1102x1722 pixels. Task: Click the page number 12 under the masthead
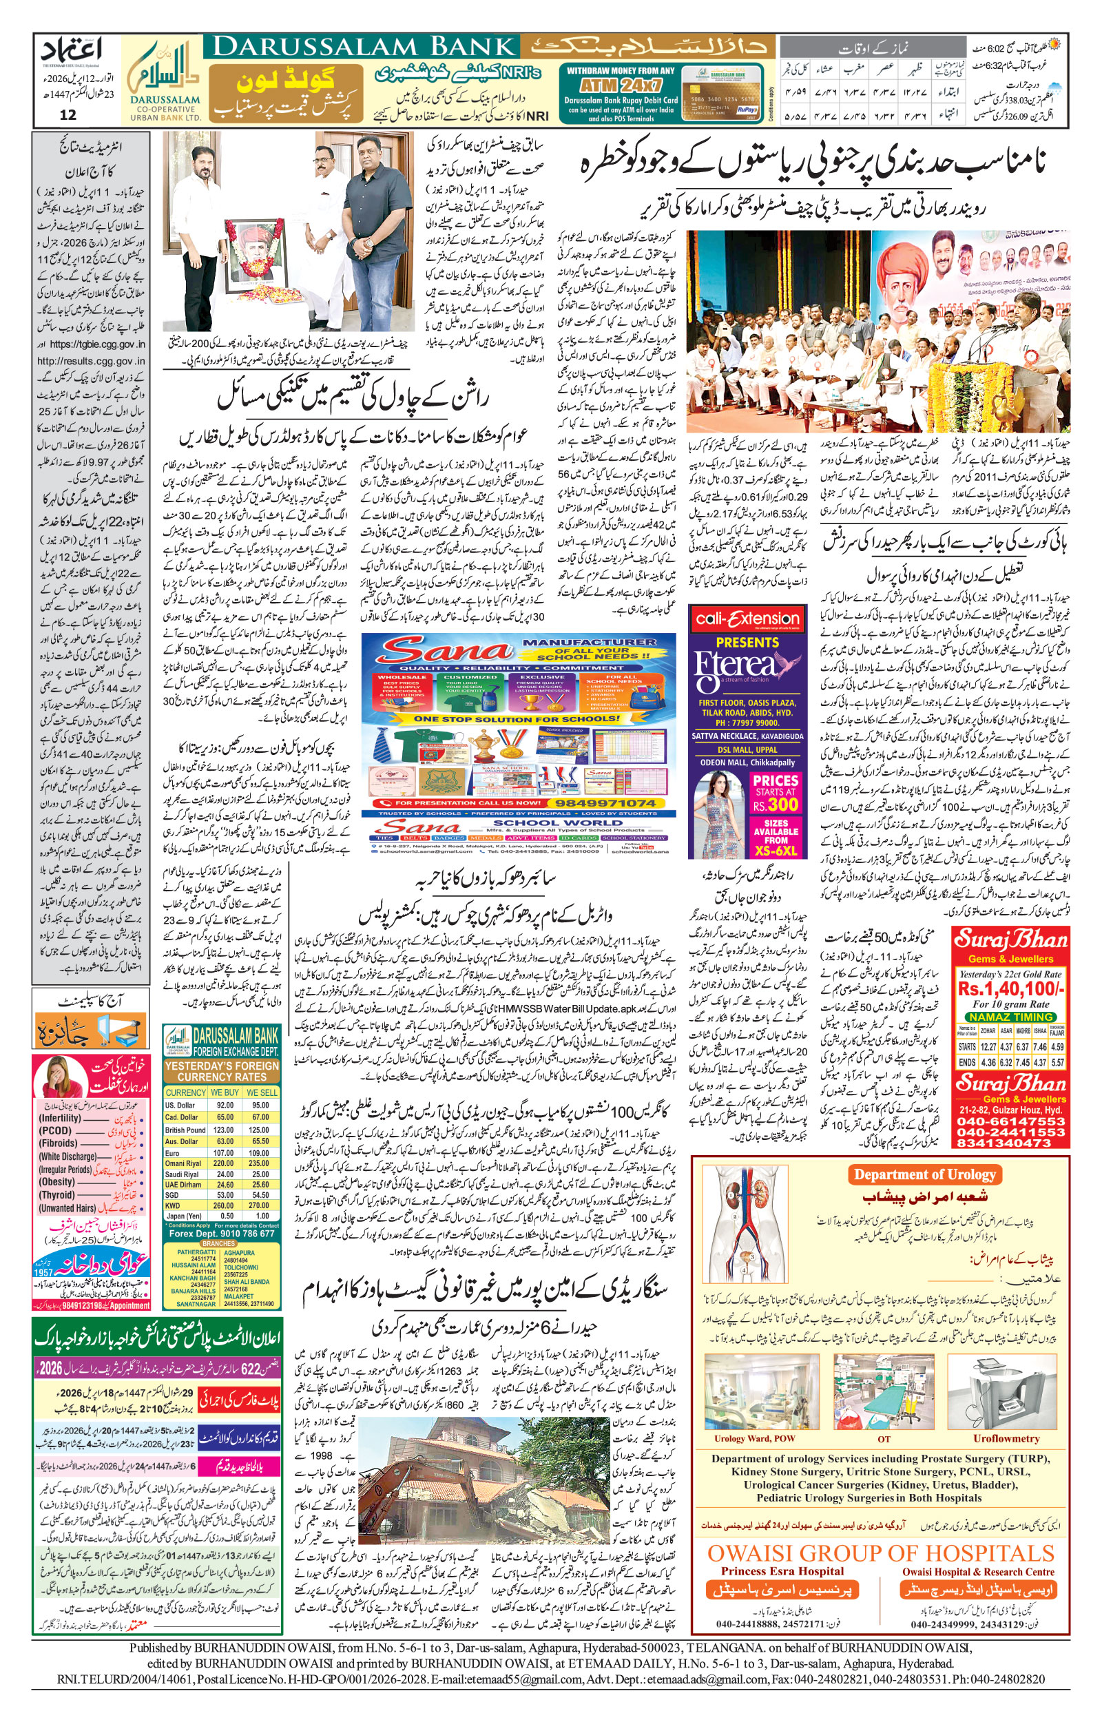click(x=68, y=114)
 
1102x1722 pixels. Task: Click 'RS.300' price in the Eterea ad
click(x=776, y=803)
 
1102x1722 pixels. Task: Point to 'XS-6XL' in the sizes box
click(x=776, y=851)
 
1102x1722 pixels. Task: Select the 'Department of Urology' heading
click(x=924, y=1174)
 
